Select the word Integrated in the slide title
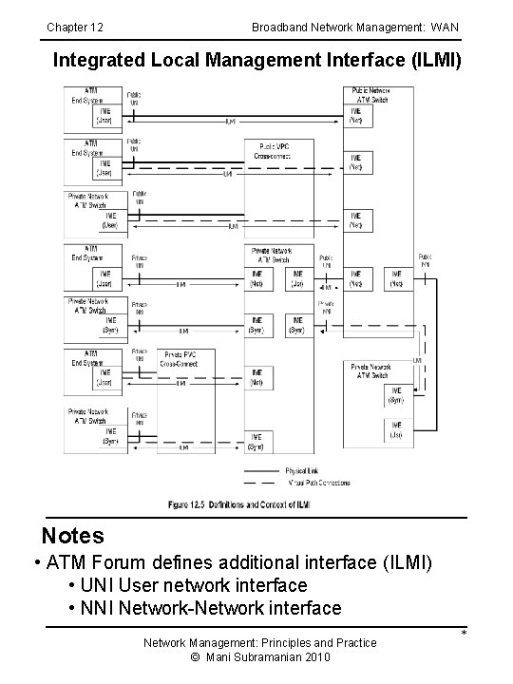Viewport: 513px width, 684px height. [99, 61]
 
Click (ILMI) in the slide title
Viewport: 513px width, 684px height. [431, 61]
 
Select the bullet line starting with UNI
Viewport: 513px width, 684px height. [188, 585]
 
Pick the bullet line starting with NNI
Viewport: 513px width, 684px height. [204, 608]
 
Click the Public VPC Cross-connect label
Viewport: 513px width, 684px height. [273, 151]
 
